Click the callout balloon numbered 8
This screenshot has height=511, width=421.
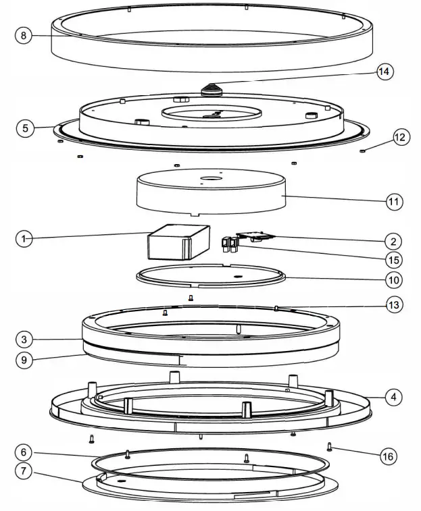pyautogui.click(x=24, y=36)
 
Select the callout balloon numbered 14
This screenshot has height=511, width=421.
pyautogui.click(x=384, y=71)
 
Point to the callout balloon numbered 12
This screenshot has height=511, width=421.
pyautogui.click(x=400, y=138)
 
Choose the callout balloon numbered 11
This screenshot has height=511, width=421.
pyautogui.click(x=394, y=201)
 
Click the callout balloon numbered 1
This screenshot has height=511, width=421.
pyautogui.click(x=24, y=238)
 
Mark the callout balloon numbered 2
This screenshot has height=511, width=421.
pyautogui.click(x=394, y=241)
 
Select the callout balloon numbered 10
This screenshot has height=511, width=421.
pyautogui.click(x=394, y=279)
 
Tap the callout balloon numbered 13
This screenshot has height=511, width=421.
pyautogui.click(x=394, y=305)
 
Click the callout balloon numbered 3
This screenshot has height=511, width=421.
pyautogui.click(x=24, y=338)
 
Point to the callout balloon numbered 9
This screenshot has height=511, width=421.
pyautogui.click(x=24, y=359)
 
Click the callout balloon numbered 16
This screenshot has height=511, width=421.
pyautogui.click(x=388, y=456)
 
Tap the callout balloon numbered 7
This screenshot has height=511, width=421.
pyautogui.click(x=24, y=471)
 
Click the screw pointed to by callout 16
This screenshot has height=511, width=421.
pyautogui.click(x=330, y=446)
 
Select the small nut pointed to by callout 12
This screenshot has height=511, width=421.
pyautogui.click(x=364, y=151)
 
